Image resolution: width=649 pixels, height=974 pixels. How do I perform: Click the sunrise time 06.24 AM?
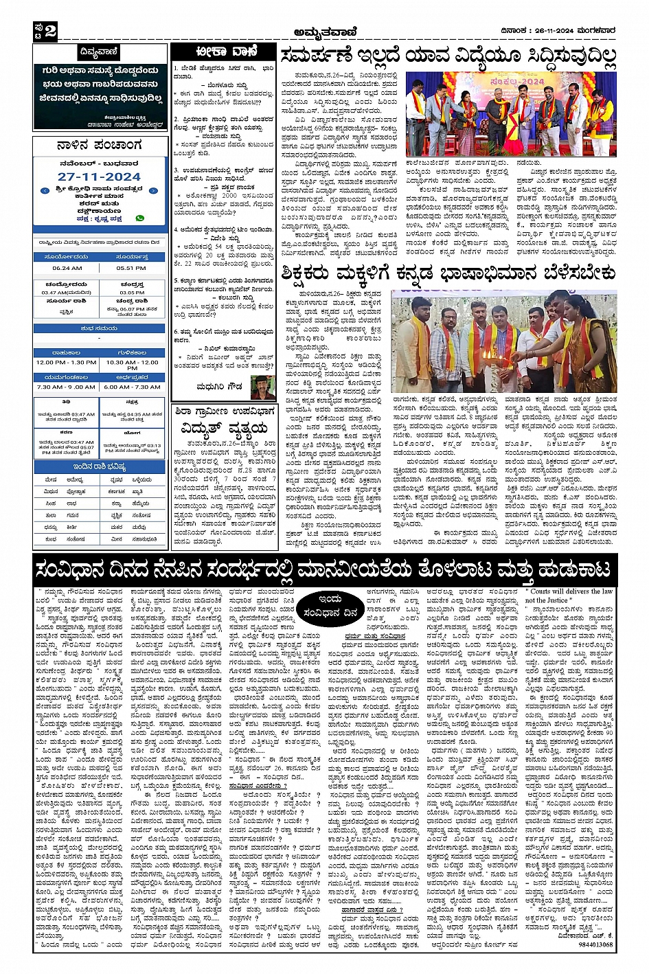tap(67, 268)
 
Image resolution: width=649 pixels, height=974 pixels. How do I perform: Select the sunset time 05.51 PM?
tap(131, 268)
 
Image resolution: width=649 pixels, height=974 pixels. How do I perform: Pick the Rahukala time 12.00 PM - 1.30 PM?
tap(67, 362)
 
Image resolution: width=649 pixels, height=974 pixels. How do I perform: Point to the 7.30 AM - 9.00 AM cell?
tap(67, 387)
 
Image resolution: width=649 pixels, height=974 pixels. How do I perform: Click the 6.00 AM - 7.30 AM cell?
tap(131, 387)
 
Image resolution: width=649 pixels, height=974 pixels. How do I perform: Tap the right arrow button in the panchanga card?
tap(153, 191)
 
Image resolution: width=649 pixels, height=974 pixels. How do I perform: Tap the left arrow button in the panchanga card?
tap(45, 191)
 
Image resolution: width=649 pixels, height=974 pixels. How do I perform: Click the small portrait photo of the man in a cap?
tap(263, 387)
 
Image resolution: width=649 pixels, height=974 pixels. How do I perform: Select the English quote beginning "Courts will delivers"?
tap(569, 596)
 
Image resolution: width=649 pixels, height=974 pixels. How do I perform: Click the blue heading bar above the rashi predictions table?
tap(99, 467)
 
